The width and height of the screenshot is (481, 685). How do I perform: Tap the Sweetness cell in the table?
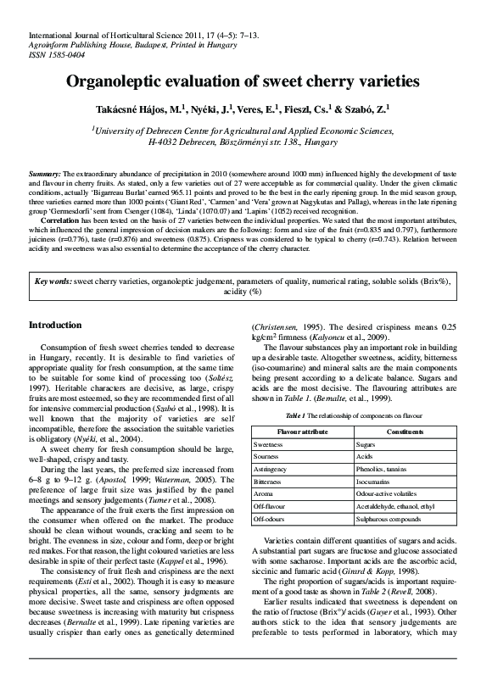point(269,444)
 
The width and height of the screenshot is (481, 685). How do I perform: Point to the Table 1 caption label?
point(294,416)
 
